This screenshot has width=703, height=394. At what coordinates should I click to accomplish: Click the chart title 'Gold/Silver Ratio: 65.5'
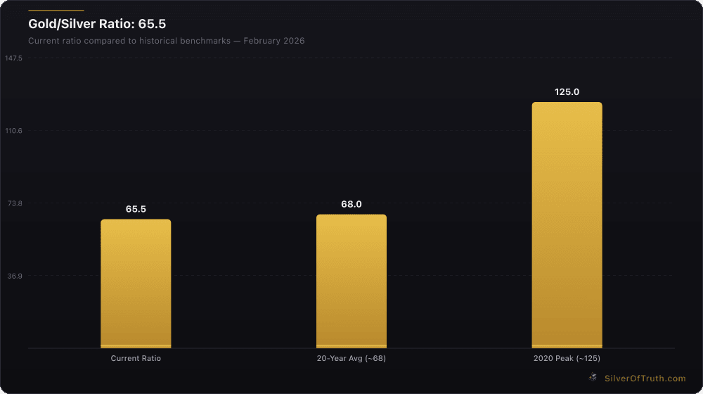[97, 25]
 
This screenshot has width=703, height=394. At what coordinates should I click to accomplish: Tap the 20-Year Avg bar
[351, 281]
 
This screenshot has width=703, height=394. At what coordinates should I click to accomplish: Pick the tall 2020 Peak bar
[567, 225]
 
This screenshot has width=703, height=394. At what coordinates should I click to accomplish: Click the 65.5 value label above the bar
[136, 209]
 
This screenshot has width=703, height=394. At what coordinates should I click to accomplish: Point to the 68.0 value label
[351, 204]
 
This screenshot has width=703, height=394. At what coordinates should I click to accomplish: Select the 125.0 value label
[567, 92]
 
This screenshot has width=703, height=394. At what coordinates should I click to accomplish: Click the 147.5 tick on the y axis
[14, 58]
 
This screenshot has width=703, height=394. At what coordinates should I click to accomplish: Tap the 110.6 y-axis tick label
[14, 131]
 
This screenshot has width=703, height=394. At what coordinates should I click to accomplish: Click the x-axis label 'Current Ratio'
[136, 359]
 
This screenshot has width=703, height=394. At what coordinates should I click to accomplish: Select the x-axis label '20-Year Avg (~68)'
[351, 359]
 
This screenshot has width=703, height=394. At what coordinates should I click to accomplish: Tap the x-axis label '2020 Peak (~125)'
[567, 359]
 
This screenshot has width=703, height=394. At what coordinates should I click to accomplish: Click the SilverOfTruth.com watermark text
[645, 379]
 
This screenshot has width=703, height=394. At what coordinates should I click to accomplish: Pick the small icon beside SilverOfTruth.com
[593, 378]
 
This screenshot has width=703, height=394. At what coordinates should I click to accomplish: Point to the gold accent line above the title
[56, 11]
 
